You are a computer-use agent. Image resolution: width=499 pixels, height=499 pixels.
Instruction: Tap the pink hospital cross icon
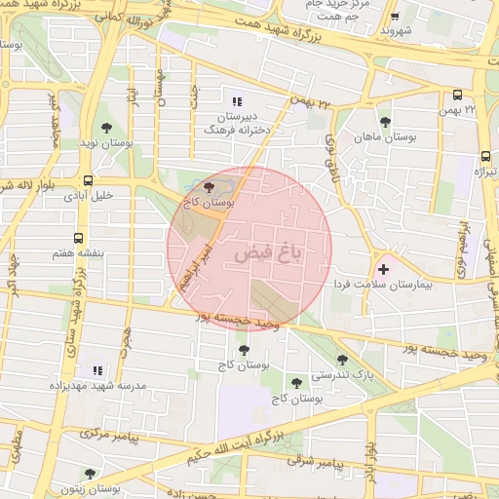382,269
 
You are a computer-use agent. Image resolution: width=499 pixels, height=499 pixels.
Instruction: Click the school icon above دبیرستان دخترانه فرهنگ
235,100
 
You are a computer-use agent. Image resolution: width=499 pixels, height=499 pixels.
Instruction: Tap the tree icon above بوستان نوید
107,127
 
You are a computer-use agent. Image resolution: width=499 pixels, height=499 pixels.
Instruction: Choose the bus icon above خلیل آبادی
89,180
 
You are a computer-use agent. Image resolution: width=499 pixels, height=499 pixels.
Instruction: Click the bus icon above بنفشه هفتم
77,237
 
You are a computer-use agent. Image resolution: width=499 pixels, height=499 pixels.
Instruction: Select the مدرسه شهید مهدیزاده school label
97,387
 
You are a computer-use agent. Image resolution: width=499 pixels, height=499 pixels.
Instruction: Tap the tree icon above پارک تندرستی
341,359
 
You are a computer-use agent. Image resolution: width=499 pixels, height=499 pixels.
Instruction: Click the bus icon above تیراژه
485,156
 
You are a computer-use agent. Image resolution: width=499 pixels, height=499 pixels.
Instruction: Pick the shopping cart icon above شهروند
394,17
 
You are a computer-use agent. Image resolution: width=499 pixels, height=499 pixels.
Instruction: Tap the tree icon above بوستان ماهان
386,122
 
